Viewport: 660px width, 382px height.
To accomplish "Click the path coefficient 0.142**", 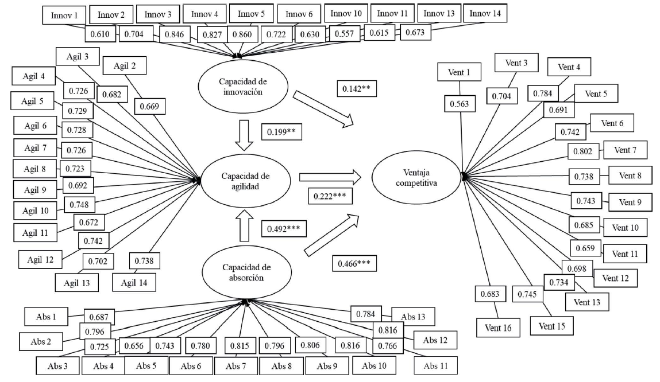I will click(356, 89).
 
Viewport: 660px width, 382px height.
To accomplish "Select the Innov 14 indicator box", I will click(485, 14).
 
